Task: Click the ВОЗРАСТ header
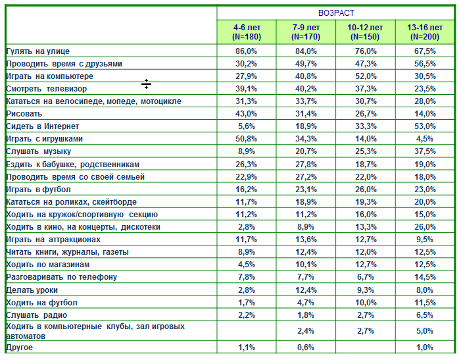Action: [x=336, y=13]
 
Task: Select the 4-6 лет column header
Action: [x=247, y=32]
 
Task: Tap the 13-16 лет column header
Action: [x=425, y=32]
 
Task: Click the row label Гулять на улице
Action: [x=38, y=51]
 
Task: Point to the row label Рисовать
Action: [x=24, y=114]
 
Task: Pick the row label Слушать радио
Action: [x=37, y=315]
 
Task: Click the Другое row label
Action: [x=19, y=347]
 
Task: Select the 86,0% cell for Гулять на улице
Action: [x=246, y=51]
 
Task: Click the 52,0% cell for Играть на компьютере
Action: [x=366, y=76]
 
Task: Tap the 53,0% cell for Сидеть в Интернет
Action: [x=425, y=126]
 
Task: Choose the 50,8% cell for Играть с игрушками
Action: [x=246, y=139]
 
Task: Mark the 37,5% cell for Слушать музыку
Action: [x=425, y=151]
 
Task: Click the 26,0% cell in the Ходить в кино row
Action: [x=425, y=227]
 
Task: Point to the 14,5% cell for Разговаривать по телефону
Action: [x=425, y=277]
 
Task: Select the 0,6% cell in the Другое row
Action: [x=306, y=347]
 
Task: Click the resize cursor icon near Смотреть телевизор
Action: [x=146, y=84]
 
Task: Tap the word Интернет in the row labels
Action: [x=61, y=126]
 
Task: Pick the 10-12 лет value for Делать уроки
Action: [x=366, y=290]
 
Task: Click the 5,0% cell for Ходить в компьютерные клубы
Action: [x=425, y=331]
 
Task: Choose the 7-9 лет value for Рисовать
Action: [x=306, y=114]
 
